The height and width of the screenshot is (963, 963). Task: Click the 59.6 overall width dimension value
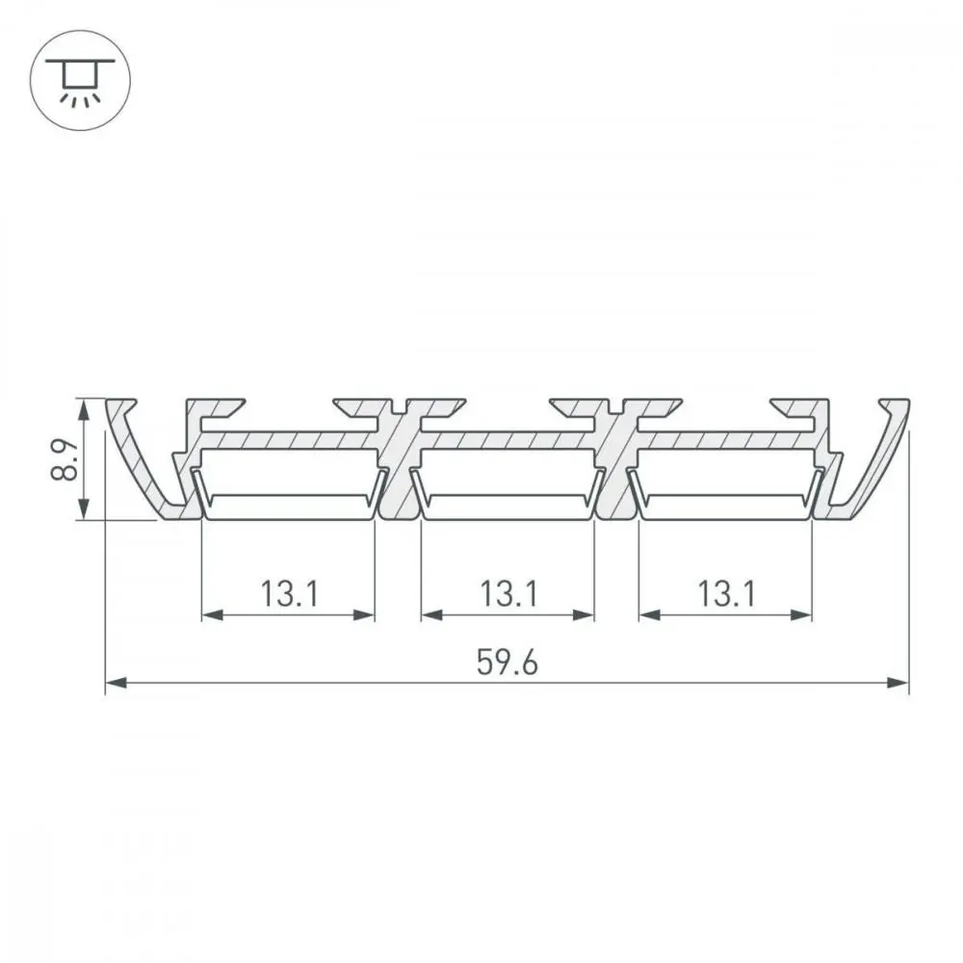tap(507, 663)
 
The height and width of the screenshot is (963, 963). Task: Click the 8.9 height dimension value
tap(65, 458)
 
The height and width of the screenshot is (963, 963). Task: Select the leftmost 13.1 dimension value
tap(289, 594)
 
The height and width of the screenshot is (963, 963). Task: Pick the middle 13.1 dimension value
tap(508, 594)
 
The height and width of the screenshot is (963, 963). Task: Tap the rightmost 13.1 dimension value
tap(726, 594)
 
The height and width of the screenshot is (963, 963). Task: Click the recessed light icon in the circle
tap(80, 80)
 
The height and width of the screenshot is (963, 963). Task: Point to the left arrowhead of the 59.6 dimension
tap(117, 683)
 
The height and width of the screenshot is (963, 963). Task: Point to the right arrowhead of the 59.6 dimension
tap(898, 683)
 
